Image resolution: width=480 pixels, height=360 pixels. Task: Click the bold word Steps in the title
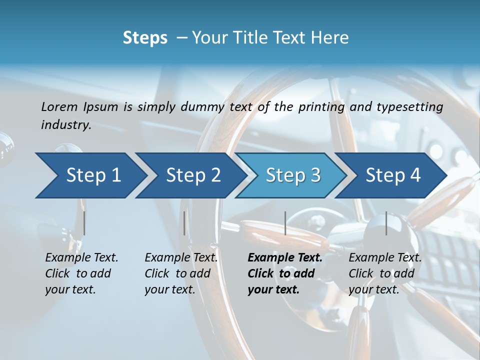point(145,38)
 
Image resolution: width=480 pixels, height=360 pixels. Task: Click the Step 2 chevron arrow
point(190,175)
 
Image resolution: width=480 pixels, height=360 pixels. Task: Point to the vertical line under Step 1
point(84,223)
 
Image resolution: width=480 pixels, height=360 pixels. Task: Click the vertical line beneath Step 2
point(184,223)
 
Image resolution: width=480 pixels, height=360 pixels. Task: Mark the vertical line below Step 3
point(285,223)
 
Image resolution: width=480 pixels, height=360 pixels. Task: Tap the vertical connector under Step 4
point(386,223)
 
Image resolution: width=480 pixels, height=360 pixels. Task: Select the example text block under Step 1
point(81,273)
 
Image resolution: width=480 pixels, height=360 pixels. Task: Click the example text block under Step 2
point(181,273)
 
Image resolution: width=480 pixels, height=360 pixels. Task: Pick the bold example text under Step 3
point(285,273)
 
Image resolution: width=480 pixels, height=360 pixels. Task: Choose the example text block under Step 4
point(385,273)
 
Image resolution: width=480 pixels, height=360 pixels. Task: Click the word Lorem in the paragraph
point(59,107)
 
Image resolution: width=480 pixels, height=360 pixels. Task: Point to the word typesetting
point(409,107)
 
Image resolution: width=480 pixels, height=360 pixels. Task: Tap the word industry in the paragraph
point(66,125)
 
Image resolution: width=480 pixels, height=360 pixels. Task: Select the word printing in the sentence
point(321,107)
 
